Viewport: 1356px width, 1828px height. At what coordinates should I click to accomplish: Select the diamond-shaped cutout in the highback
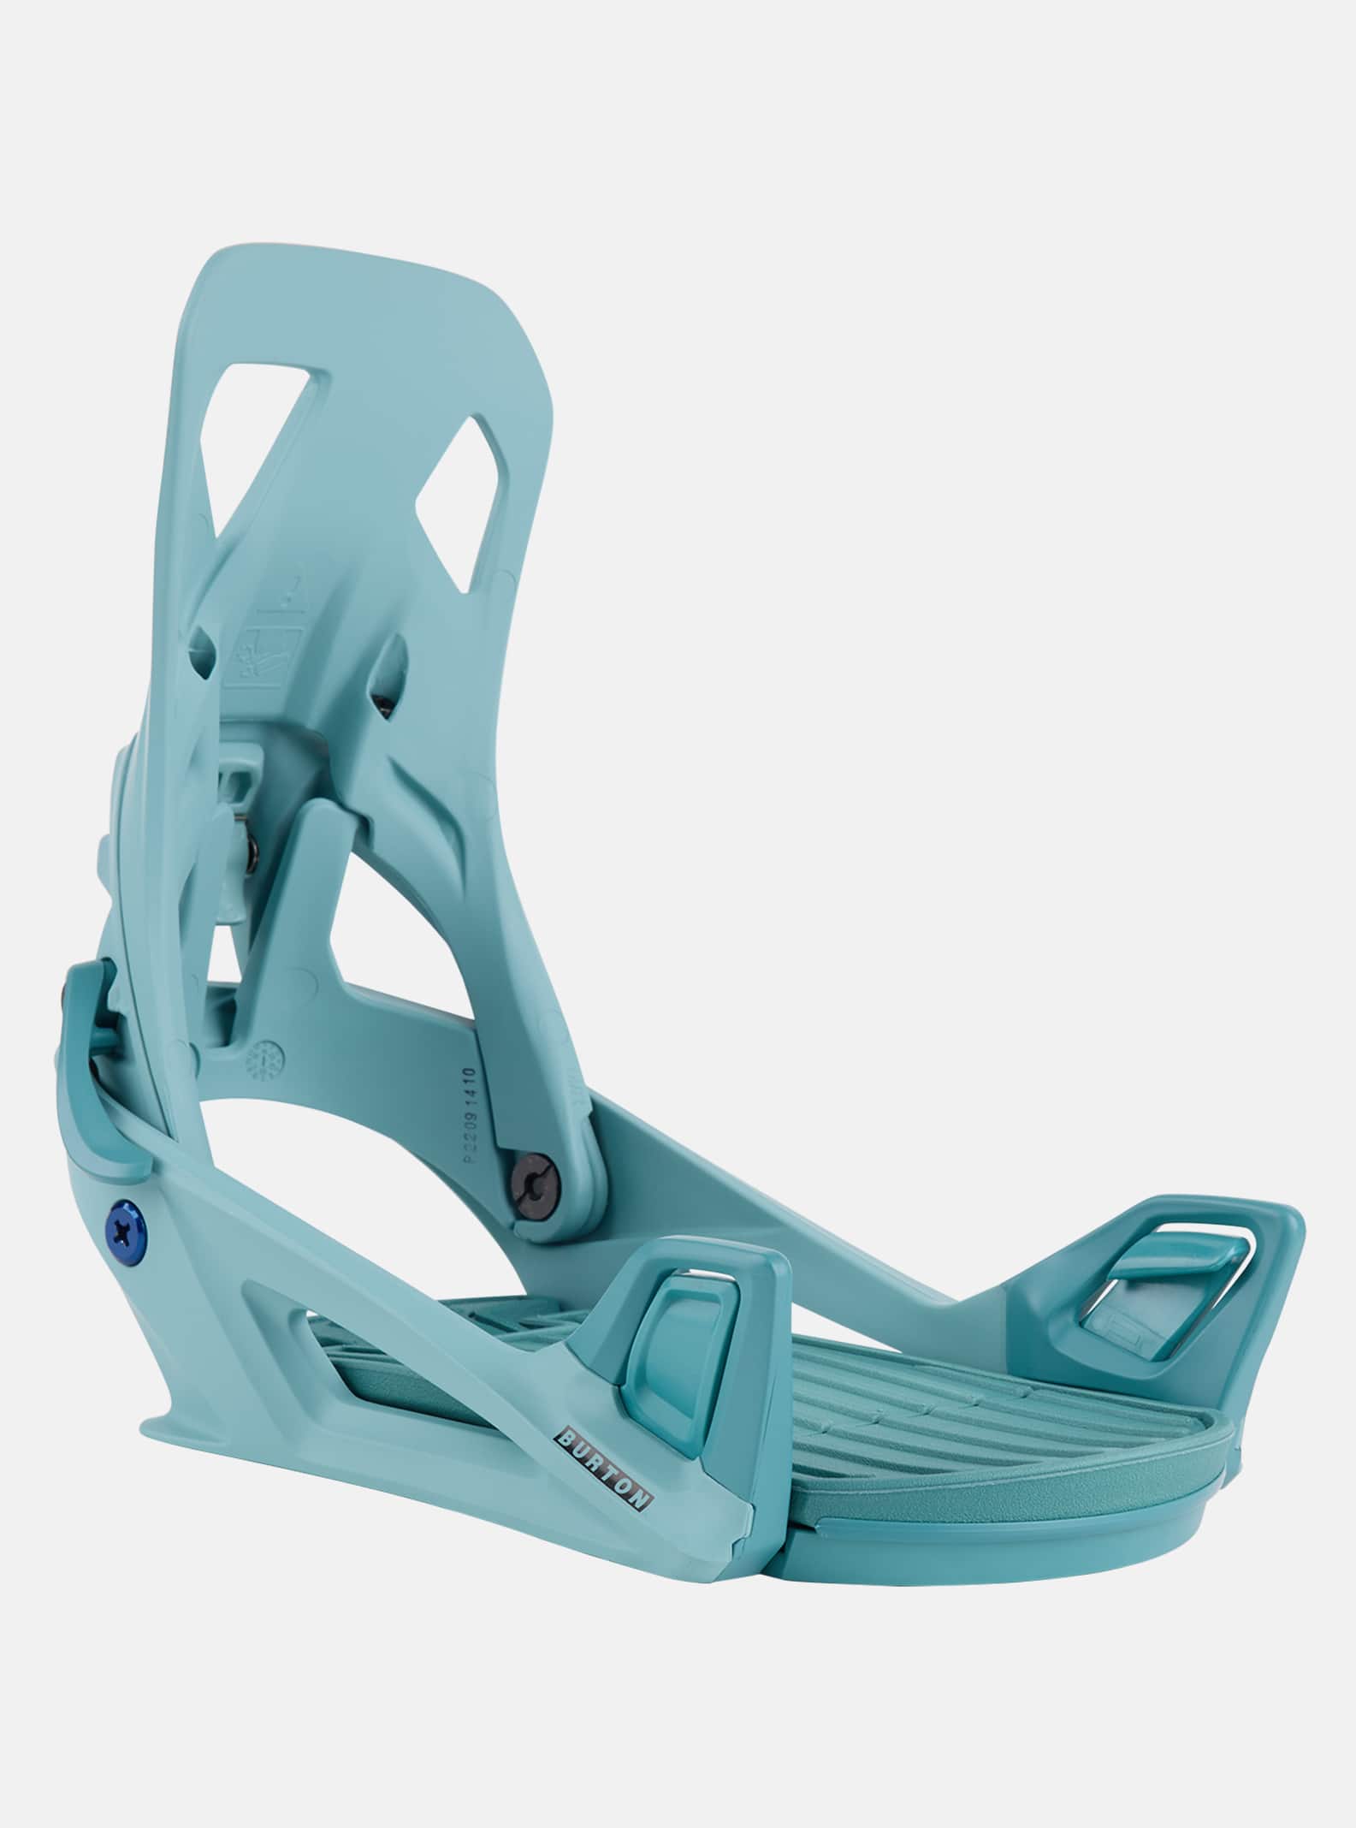(465, 505)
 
